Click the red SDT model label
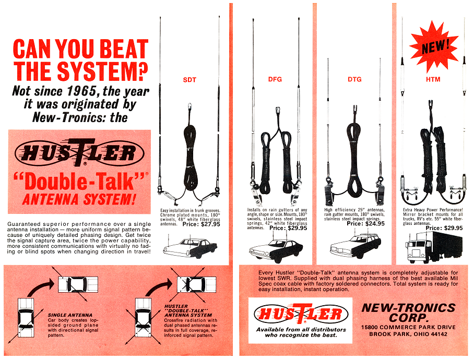(189, 80)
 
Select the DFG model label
(275, 79)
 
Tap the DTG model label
(354, 79)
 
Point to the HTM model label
(433, 79)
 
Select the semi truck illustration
(434, 248)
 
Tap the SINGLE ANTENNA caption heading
(70, 315)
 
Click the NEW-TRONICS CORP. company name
(408, 313)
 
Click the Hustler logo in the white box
(301, 314)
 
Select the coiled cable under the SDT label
(191, 154)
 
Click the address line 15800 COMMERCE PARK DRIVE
(408, 327)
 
